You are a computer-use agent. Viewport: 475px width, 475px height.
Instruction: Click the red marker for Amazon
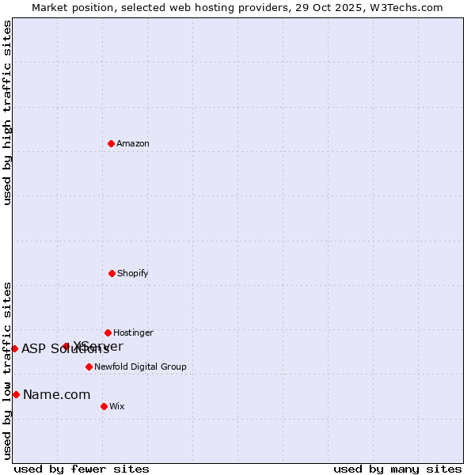(x=112, y=143)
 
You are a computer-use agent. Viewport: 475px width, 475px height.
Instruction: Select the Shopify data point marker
(x=112, y=273)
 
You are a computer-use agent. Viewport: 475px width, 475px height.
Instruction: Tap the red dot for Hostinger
(x=108, y=332)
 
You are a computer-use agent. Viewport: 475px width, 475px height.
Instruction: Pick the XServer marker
(x=66, y=346)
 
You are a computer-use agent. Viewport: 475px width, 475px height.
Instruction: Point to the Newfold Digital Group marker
(x=89, y=367)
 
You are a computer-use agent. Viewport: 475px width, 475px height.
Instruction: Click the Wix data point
(x=104, y=406)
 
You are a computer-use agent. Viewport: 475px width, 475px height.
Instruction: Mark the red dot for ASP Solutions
(x=14, y=348)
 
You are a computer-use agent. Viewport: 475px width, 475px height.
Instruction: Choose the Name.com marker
(x=16, y=394)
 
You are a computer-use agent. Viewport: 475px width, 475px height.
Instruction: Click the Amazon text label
(x=133, y=143)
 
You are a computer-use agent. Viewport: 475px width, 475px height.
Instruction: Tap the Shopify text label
(x=133, y=273)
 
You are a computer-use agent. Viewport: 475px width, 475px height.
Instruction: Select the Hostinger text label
(x=133, y=332)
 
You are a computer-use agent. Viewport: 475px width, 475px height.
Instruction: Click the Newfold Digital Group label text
(x=140, y=367)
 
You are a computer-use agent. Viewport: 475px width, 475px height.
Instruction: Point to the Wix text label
(x=117, y=406)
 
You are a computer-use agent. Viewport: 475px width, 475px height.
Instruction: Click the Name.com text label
(x=56, y=394)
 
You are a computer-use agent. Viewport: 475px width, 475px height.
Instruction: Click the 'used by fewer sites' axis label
(x=82, y=469)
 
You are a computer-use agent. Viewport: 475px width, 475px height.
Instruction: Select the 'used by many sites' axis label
(x=397, y=469)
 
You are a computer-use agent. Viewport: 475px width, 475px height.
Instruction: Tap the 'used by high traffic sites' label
(x=7, y=112)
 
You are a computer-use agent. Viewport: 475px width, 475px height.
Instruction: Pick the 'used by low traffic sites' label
(x=7, y=370)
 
